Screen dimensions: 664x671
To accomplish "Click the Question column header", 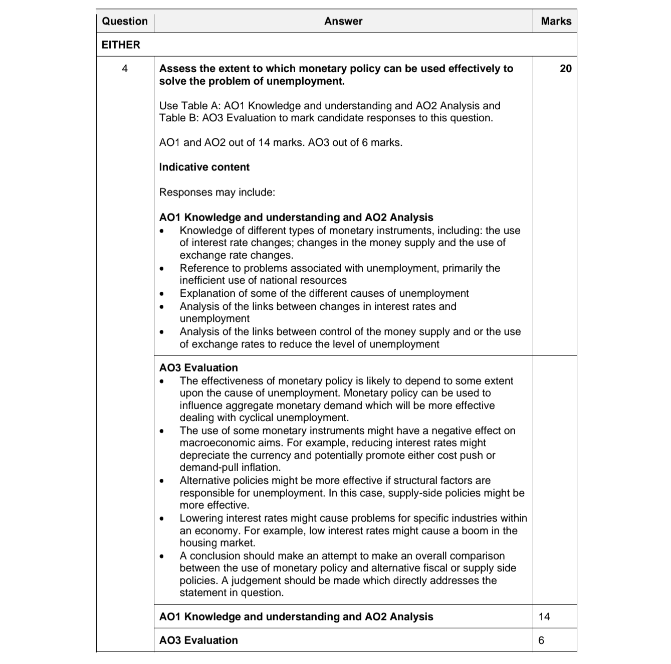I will click(x=125, y=21).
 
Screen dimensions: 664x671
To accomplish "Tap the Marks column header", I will click(x=556, y=21).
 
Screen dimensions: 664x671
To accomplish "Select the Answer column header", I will click(x=343, y=21).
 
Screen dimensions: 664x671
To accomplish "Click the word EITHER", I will click(x=121, y=45).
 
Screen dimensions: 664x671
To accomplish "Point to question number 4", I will click(x=125, y=69).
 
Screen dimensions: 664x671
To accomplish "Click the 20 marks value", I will click(x=565, y=69).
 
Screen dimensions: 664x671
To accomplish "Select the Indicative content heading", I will click(x=204, y=167).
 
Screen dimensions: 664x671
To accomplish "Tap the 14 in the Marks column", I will click(x=544, y=616).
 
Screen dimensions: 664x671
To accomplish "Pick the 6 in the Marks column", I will click(x=541, y=640).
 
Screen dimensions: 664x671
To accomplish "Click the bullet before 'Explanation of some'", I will click(x=161, y=294).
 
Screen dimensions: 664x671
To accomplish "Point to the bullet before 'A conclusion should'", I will click(x=161, y=556).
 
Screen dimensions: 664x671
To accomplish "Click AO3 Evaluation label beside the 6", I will click(x=198, y=640).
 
